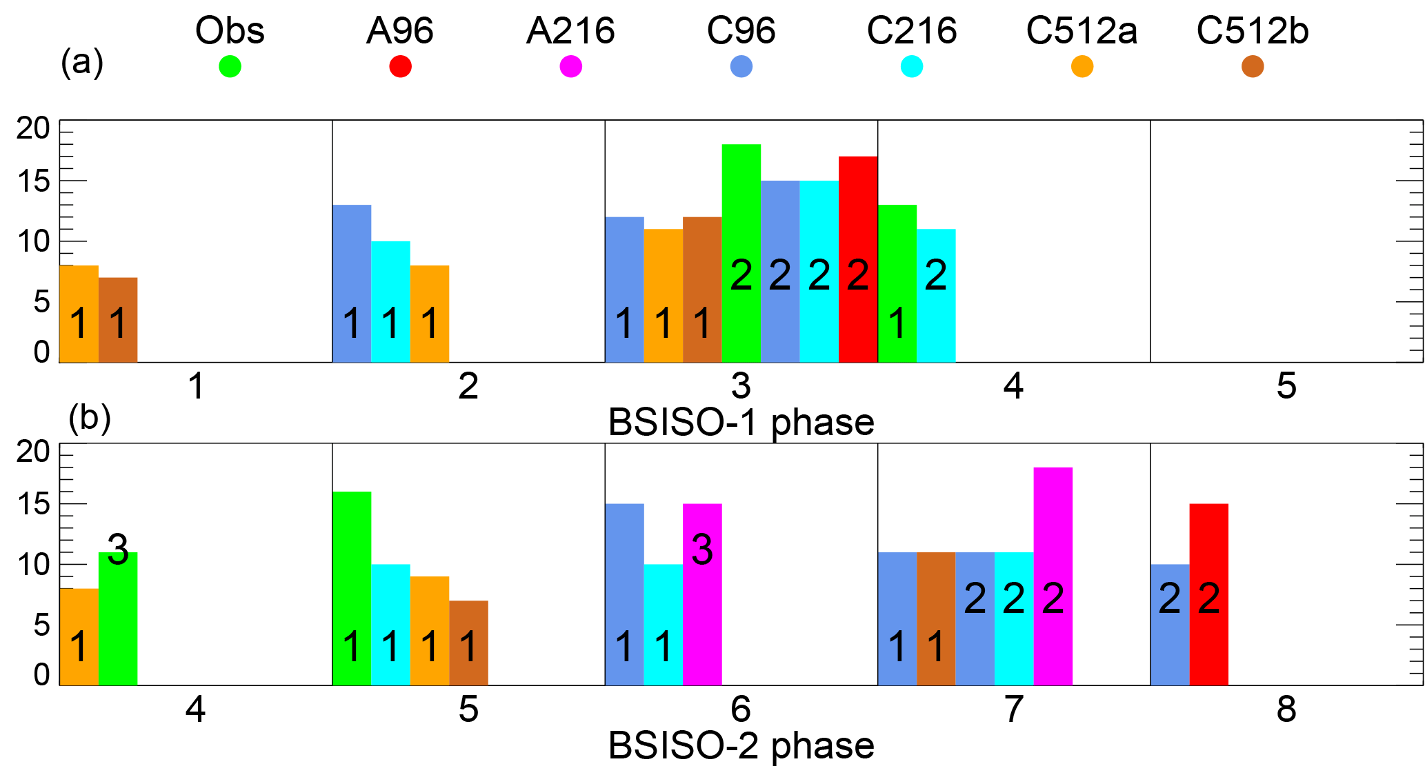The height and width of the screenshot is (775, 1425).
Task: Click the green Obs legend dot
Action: pyautogui.click(x=230, y=67)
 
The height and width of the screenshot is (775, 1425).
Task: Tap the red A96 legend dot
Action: pyautogui.click(x=400, y=67)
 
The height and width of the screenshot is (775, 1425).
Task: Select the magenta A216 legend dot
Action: pyautogui.click(x=570, y=67)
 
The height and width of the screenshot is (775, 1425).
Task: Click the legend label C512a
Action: pyautogui.click(x=1082, y=31)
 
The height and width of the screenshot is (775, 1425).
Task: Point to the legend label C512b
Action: pyautogui.click(x=1252, y=31)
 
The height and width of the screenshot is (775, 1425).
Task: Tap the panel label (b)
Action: pyautogui.click(x=90, y=418)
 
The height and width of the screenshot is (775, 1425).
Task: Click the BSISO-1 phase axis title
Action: pyautogui.click(x=741, y=422)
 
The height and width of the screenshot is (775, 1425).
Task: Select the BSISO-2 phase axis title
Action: pyautogui.click(x=741, y=745)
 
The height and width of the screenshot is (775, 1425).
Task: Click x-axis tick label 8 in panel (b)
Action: pyautogui.click(x=1286, y=709)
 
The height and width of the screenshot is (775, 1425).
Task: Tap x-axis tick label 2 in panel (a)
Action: pyautogui.click(x=468, y=385)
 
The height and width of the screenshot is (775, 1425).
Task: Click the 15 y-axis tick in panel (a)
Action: pyautogui.click(x=34, y=181)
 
